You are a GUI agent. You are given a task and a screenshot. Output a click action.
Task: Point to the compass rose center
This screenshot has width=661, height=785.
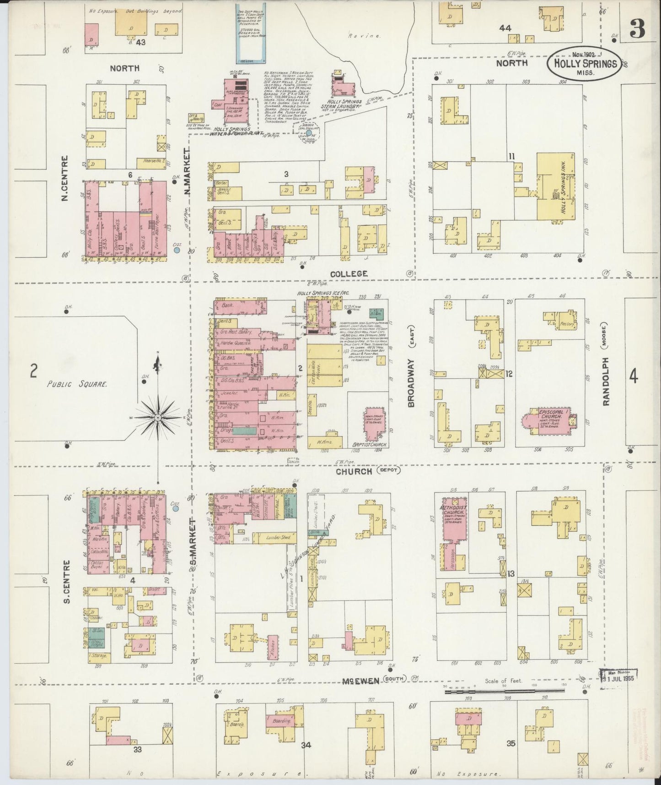(x=157, y=418)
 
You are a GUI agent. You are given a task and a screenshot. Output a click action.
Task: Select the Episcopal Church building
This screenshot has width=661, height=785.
(x=547, y=417)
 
